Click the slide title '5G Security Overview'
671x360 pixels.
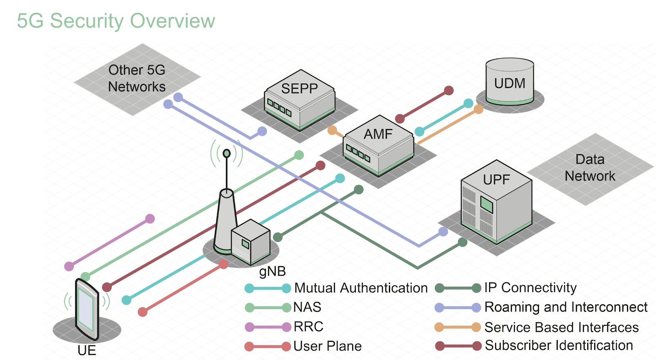click(x=116, y=21)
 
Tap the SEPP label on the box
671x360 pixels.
click(x=299, y=88)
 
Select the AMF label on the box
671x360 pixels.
click(x=378, y=134)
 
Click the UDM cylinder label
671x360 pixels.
click(x=509, y=83)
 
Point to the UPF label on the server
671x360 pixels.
click(x=496, y=180)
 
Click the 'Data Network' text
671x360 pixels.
click(x=590, y=168)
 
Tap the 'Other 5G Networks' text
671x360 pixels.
click(x=137, y=79)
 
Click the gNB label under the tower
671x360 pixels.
click(x=272, y=271)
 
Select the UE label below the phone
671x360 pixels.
click(x=87, y=351)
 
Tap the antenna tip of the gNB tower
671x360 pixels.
click(x=227, y=153)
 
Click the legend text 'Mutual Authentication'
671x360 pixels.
click(x=361, y=288)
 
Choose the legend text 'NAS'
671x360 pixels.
click(x=307, y=307)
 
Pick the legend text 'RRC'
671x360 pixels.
click(x=308, y=327)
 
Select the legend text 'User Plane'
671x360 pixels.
click(x=327, y=346)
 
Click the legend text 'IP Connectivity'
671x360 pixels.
click(x=530, y=288)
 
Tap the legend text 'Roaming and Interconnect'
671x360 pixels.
click(x=566, y=307)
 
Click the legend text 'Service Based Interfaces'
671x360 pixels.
click(x=561, y=327)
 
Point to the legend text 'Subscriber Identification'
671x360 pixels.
click(x=559, y=346)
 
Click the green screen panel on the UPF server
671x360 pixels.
click(x=486, y=205)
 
